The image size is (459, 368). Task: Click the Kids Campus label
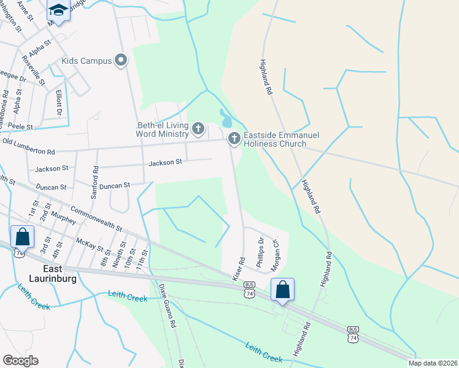click(87, 61)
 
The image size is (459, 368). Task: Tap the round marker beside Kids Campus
click(121, 60)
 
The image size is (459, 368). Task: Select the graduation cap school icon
click(58, 9)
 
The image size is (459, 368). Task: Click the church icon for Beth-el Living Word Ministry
click(198, 129)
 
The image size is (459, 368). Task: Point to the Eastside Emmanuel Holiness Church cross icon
click(234, 139)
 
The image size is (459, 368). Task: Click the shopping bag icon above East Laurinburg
click(22, 236)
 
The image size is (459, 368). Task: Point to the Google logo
click(20, 360)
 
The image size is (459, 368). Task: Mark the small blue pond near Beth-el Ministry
click(225, 117)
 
